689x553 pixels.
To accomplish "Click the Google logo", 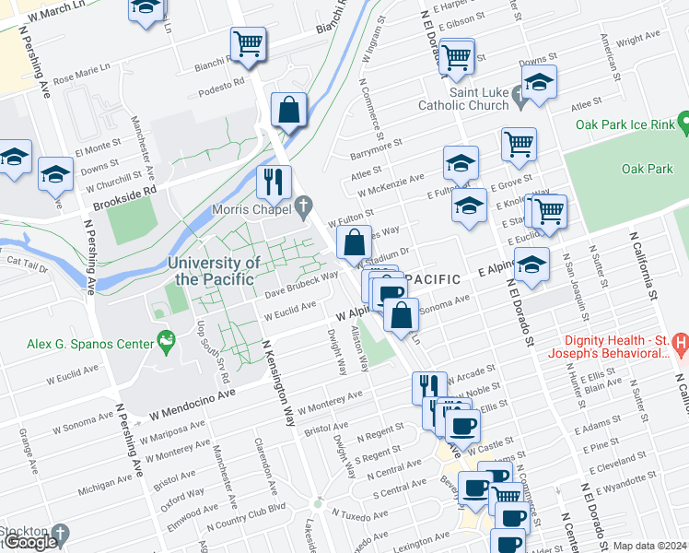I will [29, 542].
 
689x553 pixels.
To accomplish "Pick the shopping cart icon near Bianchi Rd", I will [248, 44].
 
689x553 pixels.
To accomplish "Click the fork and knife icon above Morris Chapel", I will [274, 181].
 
